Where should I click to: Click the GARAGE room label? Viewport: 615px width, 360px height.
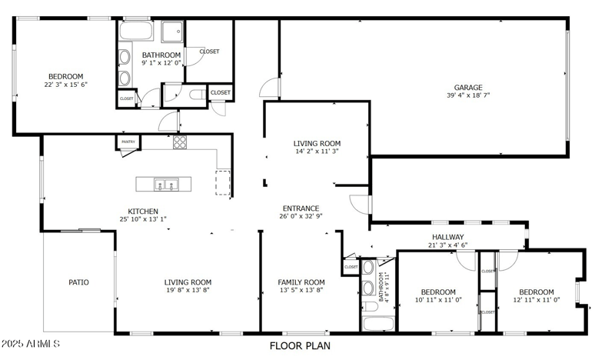click(x=467, y=88)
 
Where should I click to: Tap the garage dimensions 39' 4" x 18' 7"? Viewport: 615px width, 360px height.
click(x=467, y=96)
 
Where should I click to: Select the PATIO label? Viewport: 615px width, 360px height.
click(x=78, y=282)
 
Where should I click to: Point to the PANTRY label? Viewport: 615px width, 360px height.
click(x=128, y=142)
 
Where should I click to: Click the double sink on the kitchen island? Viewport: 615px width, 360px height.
click(x=165, y=184)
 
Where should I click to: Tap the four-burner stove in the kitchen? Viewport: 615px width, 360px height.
click(x=180, y=142)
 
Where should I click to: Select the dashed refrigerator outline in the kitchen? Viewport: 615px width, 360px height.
click(x=223, y=182)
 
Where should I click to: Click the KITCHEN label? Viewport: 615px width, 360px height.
click(x=143, y=211)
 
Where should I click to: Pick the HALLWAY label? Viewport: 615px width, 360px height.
click(x=447, y=237)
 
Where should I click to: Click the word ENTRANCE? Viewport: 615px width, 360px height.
click(x=301, y=208)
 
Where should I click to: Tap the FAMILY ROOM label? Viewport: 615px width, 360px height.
click(x=301, y=282)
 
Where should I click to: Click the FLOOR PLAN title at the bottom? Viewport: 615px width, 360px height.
click(x=300, y=346)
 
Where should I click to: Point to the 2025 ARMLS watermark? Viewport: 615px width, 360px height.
click(x=31, y=344)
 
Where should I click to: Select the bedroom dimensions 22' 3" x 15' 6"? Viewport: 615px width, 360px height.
click(x=65, y=85)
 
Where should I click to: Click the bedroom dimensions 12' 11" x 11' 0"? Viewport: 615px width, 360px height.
click(x=536, y=300)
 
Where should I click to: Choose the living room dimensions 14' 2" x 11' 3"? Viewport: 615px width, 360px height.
click(x=317, y=152)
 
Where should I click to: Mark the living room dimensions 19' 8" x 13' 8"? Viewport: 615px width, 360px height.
click(x=187, y=290)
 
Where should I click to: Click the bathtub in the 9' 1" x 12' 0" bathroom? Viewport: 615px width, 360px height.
click(x=137, y=33)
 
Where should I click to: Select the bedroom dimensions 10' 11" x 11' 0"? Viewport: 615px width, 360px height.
click(x=437, y=300)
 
